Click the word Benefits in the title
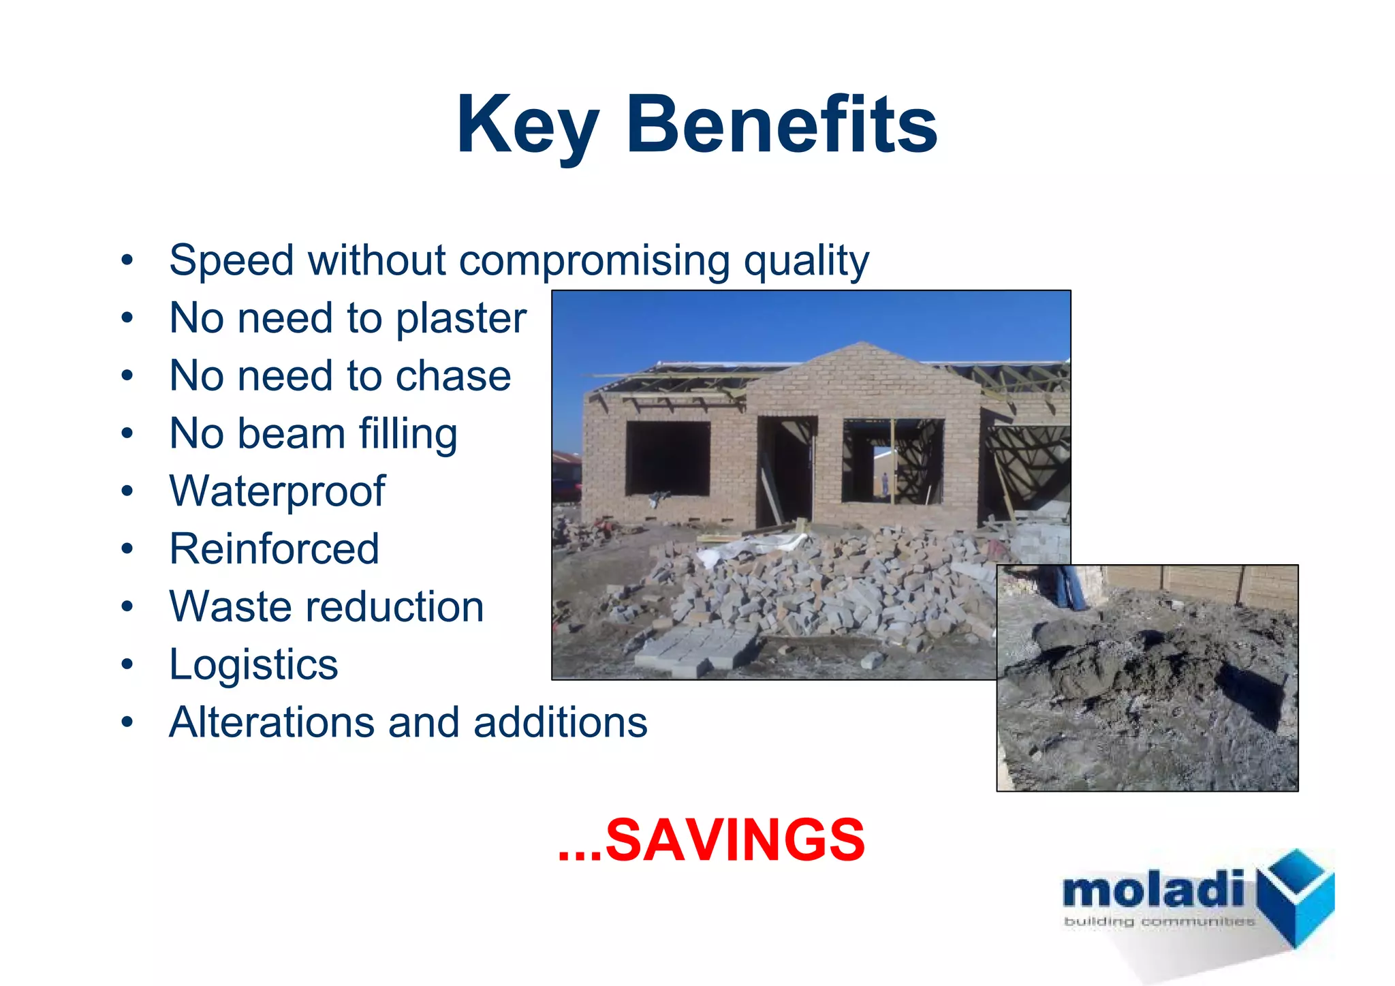[781, 125]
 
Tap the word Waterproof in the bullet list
[277, 491]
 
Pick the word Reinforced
[274, 549]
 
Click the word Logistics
[253, 664]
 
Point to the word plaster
[461, 318]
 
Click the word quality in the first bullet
[806, 261]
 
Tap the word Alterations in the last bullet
[271, 722]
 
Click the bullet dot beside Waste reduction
[127, 606]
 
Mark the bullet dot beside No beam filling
[127, 433]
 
